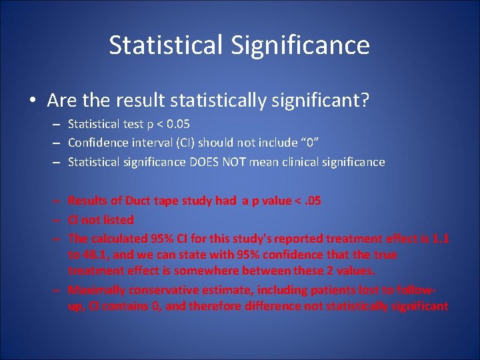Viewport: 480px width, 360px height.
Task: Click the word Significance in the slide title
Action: [301, 45]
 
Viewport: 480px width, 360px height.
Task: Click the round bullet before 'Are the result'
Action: [33, 101]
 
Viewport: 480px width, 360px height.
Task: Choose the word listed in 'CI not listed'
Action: [117, 219]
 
